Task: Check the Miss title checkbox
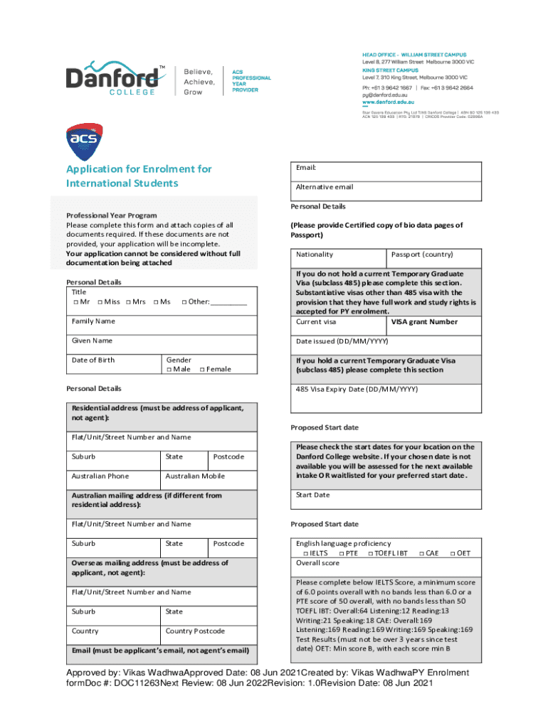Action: click(x=100, y=302)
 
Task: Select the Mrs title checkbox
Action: click(x=129, y=302)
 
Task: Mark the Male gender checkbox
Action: click(x=168, y=369)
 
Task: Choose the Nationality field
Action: click(x=338, y=258)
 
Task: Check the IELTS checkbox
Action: click(x=305, y=553)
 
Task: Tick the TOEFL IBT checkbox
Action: click(x=370, y=553)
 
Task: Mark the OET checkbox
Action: click(x=452, y=553)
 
